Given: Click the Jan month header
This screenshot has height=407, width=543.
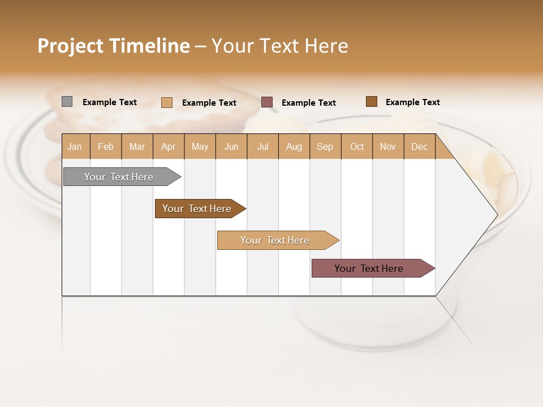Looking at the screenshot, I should tap(75, 146).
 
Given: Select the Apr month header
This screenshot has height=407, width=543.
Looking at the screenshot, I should tap(168, 146).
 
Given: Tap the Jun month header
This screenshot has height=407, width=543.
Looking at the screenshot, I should tap(231, 146).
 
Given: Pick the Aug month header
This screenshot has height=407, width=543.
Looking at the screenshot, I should tap(294, 146).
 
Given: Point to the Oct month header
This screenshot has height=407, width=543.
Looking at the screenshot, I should tap(357, 146).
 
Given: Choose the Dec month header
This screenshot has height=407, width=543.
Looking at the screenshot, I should tap(419, 146).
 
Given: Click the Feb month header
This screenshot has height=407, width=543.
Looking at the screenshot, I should tap(106, 146).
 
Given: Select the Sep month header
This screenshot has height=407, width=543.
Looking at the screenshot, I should tap(325, 146).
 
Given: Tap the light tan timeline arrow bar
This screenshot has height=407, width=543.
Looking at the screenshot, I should tap(275, 240).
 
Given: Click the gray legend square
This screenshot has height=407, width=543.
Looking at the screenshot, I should tap(67, 102).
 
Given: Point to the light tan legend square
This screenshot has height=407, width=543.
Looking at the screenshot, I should tap(166, 102).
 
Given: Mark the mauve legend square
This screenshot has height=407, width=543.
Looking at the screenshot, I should tap(267, 102).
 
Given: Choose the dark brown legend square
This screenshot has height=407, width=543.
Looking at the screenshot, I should tap(371, 102).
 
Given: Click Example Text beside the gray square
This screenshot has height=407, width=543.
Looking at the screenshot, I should tap(110, 102).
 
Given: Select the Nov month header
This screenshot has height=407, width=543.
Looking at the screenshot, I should tap(388, 146).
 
